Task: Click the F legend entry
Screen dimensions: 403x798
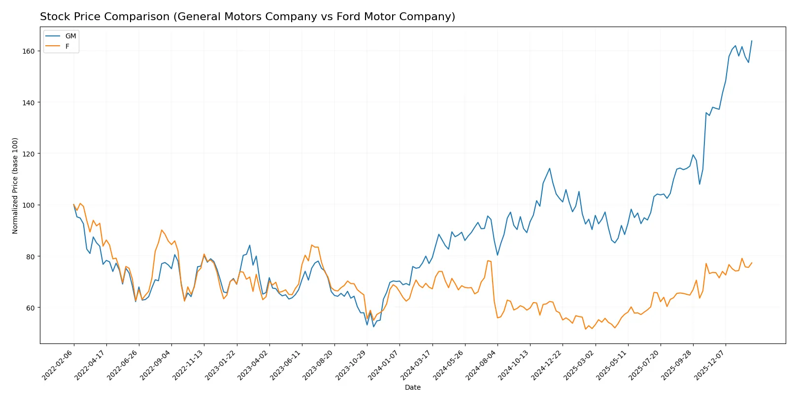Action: (x=67, y=46)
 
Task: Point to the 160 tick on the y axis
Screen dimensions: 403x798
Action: (x=29, y=51)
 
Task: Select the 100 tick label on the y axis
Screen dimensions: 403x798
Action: (x=29, y=205)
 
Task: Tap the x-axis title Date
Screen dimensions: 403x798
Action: (x=412, y=387)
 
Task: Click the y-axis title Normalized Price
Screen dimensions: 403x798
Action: (x=15, y=186)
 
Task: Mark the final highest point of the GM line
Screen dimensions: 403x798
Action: (x=752, y=41)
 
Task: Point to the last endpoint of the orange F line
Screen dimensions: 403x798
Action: (x=752, y=263)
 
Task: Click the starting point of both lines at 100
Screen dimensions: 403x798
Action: (x=74, y=205)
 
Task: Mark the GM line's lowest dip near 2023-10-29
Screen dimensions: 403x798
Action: (x=373, y=327)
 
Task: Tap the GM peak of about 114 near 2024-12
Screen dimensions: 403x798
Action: (x=550, y=168)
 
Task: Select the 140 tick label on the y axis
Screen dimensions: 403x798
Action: (x=29, y=102)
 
